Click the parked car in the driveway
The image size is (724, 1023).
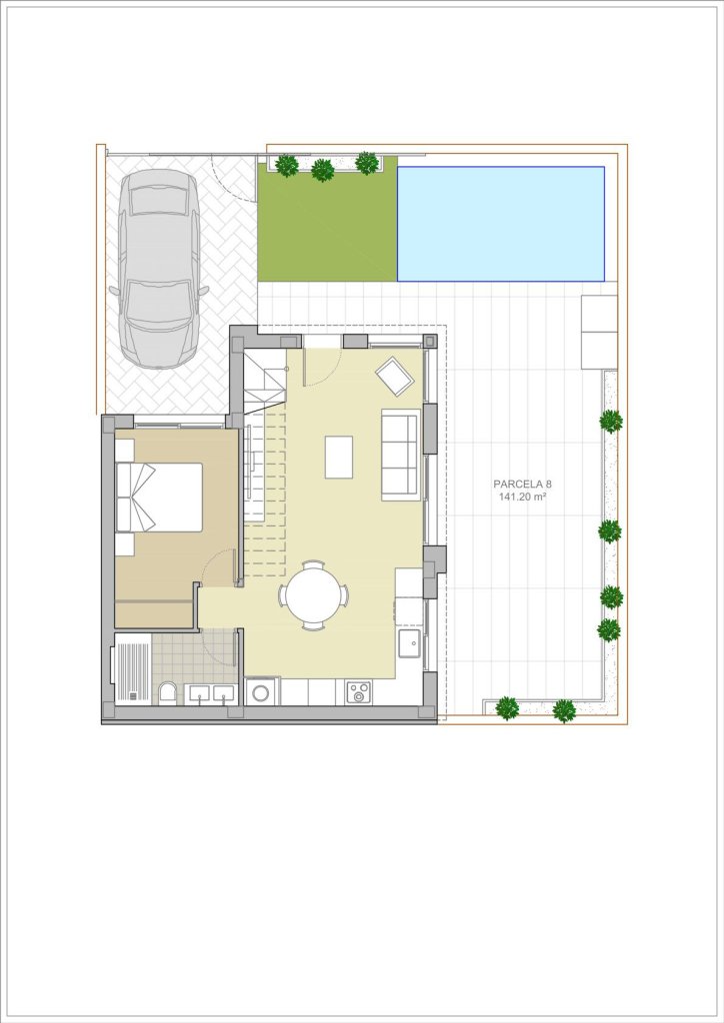pyautogui.click(x=159, y=269)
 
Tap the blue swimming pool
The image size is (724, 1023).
pyautogui.click(x=501, y=223)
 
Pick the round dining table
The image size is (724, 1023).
pyautogui.click(x=313, y=595)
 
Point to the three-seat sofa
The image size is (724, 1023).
pyautogui.click(x=400, y=456)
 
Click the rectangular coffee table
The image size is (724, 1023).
pyautogui.click(x=339, y=457)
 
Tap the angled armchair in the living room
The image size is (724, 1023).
pyautogui.click(x=394, y=376)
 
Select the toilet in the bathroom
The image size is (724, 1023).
pyautogui.click(x=168, y=693)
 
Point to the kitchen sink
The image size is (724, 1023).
pyautogui.click(x=411, y=642)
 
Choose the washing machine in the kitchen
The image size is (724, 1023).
pyautogui.click(x=262, y=691)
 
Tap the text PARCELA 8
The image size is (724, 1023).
pyautogui.click(x=522, y=485)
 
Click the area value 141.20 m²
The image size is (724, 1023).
pyautogui.click(x=522, y=497)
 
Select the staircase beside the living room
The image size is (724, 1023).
pyautogui.click(x=265, y=464)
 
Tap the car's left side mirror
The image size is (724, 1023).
pyautogui.click(x=113, y=291)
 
